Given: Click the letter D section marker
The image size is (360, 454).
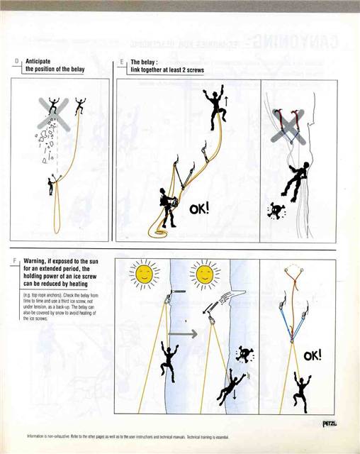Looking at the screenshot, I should (16, 62).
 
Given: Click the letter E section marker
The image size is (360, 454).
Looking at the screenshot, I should (121, 62).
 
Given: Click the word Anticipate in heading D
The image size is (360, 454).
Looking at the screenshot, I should (40, 62).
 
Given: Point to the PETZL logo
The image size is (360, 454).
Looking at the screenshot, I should (328, 423).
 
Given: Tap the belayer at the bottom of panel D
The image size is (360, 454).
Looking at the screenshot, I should (50, 186).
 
